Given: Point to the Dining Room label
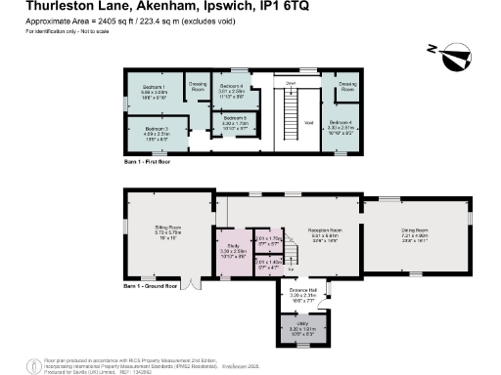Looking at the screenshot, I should (x=416, y=232).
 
